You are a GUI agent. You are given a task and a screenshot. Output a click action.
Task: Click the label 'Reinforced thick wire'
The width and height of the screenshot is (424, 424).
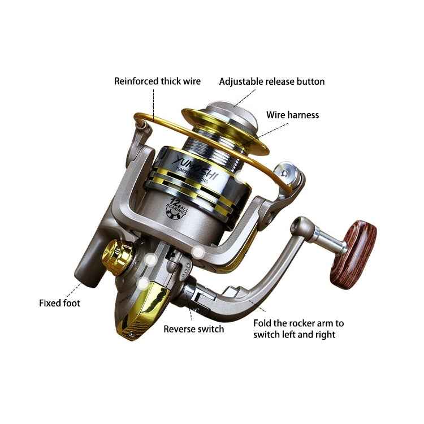coord(157,81)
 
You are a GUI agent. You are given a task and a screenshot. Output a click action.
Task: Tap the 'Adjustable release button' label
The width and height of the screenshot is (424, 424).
coord(272,81)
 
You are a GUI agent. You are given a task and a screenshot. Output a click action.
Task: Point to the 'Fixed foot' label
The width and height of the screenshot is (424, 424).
coord(59,303)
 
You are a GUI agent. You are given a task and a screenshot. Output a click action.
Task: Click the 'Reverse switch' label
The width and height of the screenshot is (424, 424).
coord(194,329)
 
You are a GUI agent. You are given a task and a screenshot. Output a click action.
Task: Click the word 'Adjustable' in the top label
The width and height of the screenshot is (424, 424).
coord(240,81)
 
